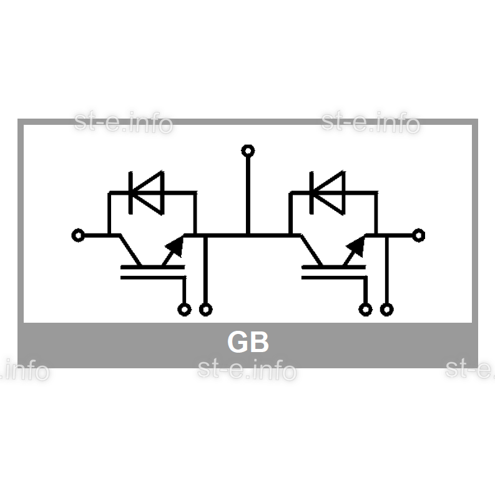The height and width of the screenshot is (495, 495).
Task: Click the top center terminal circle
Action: tap(248, 145)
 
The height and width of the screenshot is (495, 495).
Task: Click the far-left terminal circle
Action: tap(72, 235)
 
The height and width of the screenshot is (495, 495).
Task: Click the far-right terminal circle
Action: tap(424, 235)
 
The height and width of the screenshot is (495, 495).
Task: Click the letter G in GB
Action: tap(237, 342)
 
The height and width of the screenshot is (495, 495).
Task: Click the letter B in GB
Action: tap(260, 342)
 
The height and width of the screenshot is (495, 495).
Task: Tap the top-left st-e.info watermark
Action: tap(124, 122)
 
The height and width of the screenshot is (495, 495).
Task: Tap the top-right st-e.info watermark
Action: tap(371, 122)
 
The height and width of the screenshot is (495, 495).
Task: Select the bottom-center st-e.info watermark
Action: tap(247, 369)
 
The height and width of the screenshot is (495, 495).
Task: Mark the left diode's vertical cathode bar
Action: tap(130, 193)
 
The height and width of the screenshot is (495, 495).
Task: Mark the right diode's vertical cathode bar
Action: tap(312, 193)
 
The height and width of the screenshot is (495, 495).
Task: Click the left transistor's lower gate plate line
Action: tap(153, 278)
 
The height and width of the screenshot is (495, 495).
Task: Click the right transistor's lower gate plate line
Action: tap(335, 278)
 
